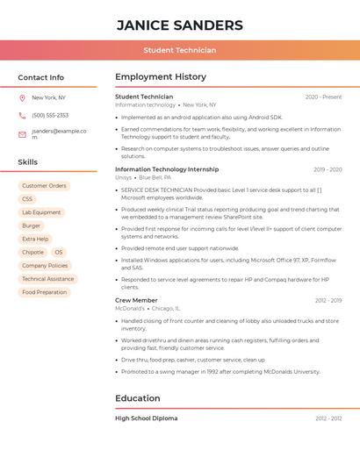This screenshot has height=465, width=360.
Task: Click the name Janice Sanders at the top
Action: click(x=179, y=25)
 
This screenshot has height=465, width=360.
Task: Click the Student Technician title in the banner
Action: click(x=179, y=50)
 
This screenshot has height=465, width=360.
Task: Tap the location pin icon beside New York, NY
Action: click(x=22, y=97)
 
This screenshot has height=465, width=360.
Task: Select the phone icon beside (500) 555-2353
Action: click(x=22, y=115)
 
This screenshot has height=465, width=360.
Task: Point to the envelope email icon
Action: click(x=22, y=134)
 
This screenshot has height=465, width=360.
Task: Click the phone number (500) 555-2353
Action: click(x=50, y=115)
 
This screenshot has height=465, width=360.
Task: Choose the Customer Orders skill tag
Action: click(x=44, y=186)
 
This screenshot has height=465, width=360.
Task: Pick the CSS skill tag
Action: click(x=27, y=199)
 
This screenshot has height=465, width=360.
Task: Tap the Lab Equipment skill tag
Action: click(x=41, y=212)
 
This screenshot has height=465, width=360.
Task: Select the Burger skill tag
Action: click(x=31, y=225)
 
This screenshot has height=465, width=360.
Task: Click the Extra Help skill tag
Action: click(x=35, y=239)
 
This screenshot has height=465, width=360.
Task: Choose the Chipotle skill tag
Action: click(x=32, y=252)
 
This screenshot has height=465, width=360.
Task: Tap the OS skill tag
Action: click(x=58, y=252)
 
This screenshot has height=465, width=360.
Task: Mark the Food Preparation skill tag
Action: click(x=44, y=292)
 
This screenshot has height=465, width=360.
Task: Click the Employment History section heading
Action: click(x=161, y=77)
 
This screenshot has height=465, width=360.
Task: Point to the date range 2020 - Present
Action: click(x=323, y=97)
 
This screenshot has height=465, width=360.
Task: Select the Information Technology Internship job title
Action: click(x=167, y=169)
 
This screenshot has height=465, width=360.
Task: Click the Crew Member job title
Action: click(x=136, y=300)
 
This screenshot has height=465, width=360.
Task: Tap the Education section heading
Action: click(x=138, y=398)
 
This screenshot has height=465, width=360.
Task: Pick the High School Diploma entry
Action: click(x=146, y=418)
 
